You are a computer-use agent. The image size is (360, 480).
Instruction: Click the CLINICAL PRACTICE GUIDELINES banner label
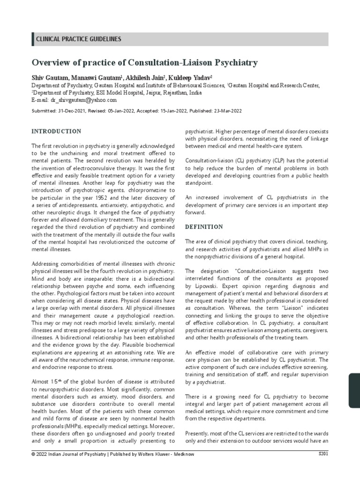click(78, 39)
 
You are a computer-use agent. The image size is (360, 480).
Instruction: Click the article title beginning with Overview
click(144, 62)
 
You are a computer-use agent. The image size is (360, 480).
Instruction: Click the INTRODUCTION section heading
click(56, 131)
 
